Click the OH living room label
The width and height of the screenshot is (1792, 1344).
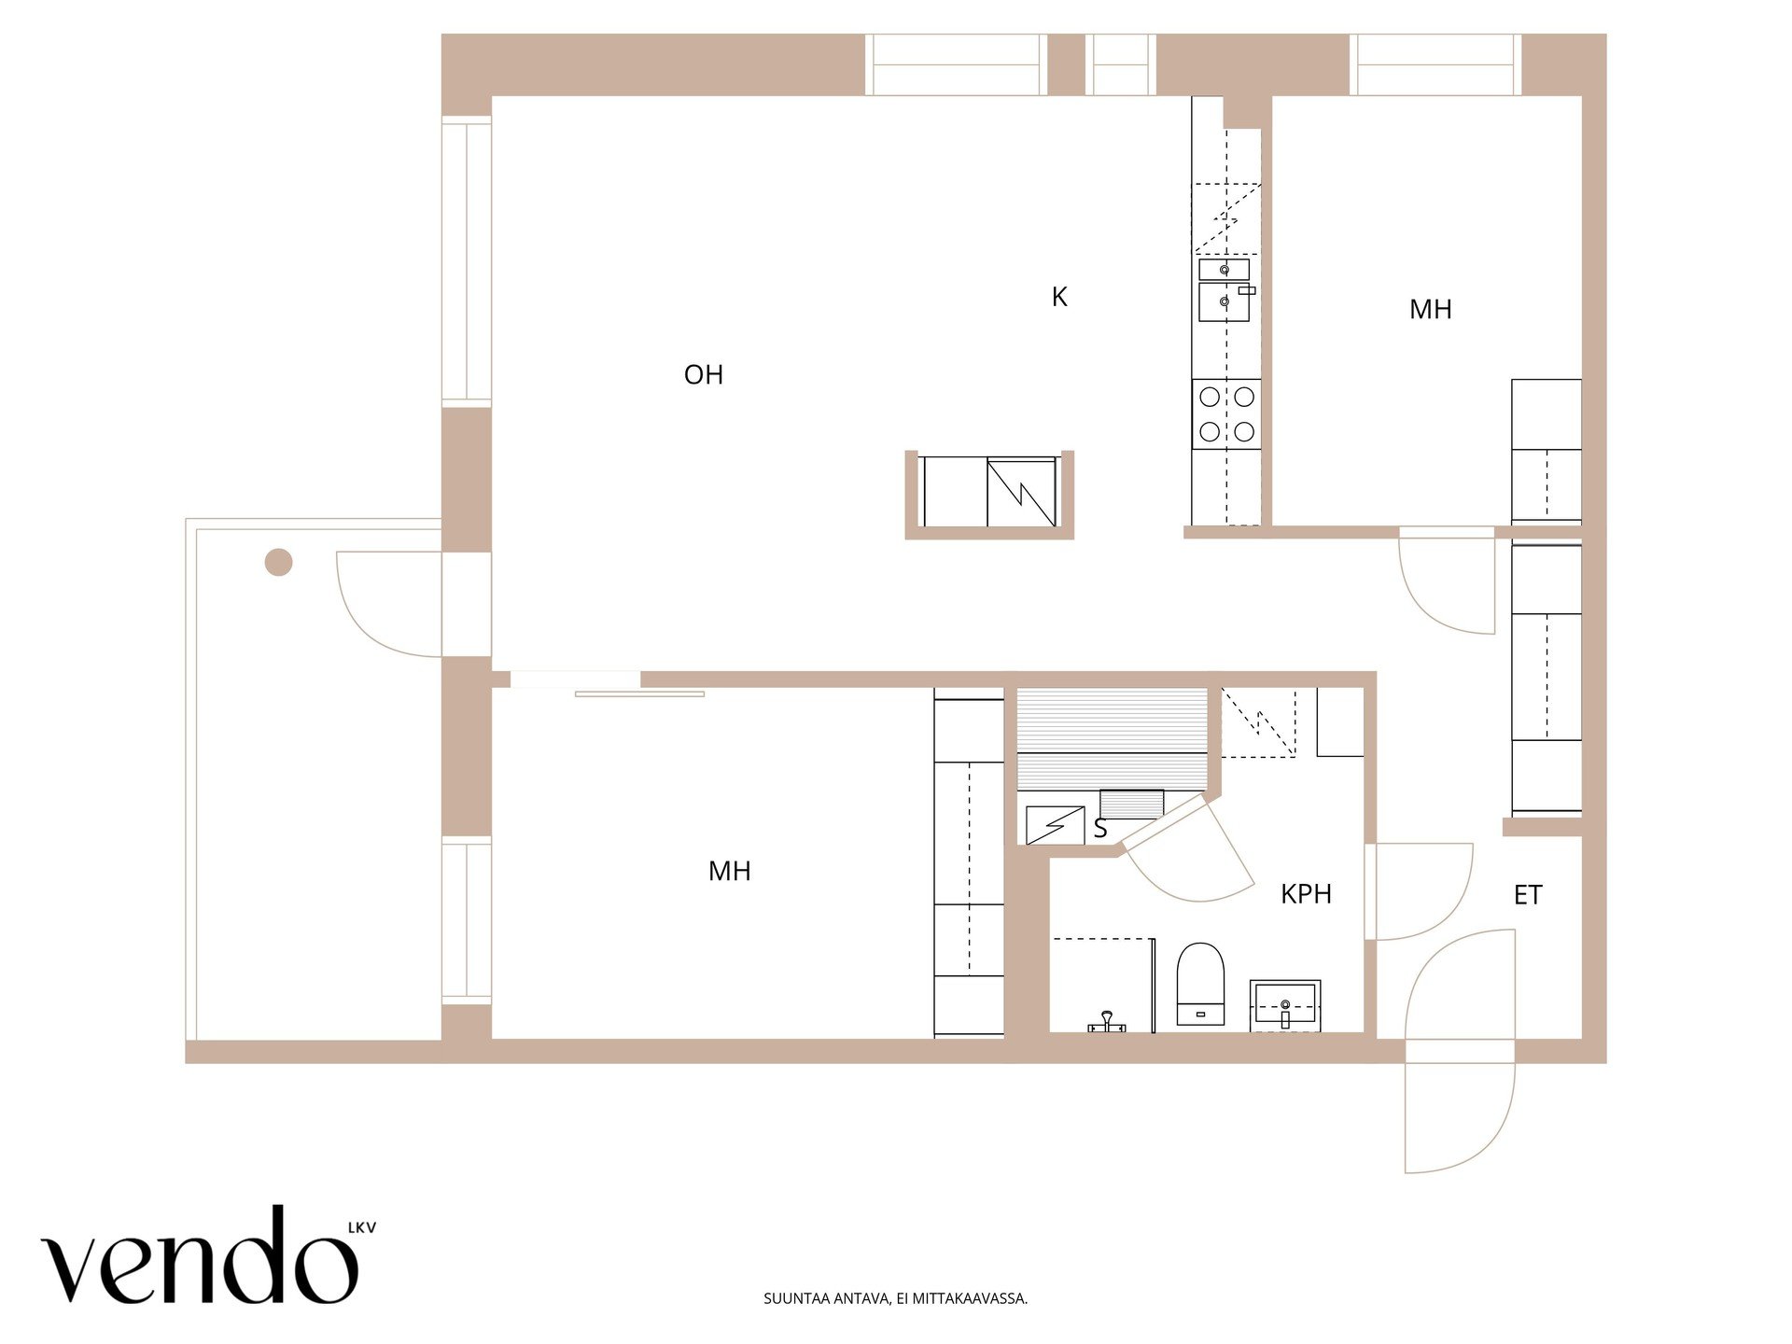[704, 375]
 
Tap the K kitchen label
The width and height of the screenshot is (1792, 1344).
[1059, 297]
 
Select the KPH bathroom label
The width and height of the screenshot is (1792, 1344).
[1306, 894]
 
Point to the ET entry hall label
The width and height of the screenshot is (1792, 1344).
[1528, 895]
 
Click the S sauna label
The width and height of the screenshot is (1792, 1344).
[1100, 829]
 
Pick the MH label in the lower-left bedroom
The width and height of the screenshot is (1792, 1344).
[730, 872]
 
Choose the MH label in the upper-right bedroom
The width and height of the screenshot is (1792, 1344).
[1431, 310]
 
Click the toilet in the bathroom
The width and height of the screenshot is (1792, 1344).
[1200, 984]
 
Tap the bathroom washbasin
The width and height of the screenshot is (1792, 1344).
[1285, 1005]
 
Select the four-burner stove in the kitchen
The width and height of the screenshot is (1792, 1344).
[1226, 413]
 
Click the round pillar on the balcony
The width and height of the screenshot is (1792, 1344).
[279, 562]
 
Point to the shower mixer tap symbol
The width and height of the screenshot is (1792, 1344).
[1107, 1023]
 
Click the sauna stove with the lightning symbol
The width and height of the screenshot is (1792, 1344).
[1055, 825]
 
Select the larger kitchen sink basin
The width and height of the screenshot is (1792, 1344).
[1225, 302]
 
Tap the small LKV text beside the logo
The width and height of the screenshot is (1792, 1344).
[362, 1228]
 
